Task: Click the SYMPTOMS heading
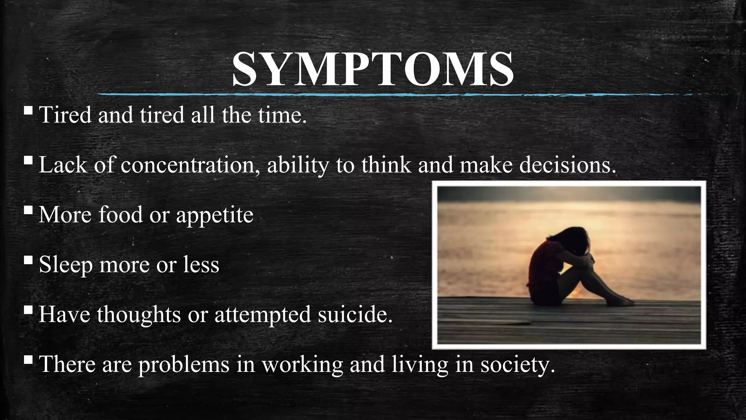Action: point(373,69)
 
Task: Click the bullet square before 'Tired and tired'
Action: point(28,110)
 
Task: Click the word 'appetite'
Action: point(215,215)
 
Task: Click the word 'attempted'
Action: point(263,314)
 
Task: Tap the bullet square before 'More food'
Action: point(28,210)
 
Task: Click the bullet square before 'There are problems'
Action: point(28,359)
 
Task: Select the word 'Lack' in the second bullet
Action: point(63,165)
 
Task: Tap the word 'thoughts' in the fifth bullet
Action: point(139,314)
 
